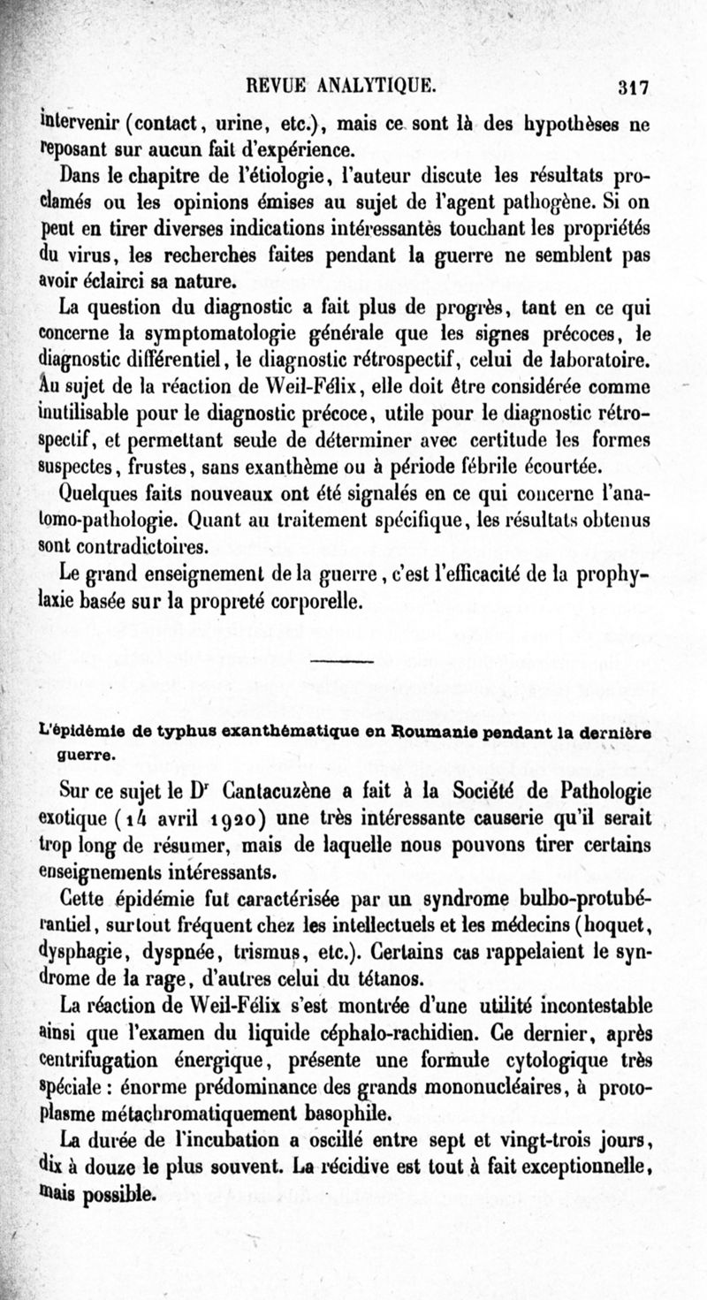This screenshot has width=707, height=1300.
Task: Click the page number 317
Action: tap(634, 87)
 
